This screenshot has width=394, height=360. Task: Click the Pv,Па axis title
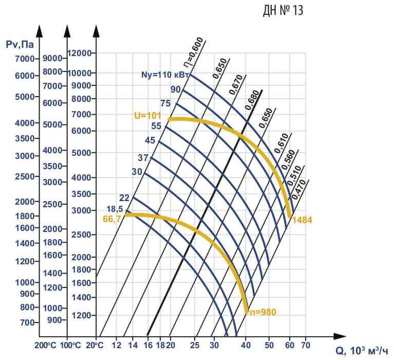[20, 45]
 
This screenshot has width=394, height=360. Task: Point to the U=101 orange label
[148, 116]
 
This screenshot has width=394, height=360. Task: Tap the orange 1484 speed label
[302, 220]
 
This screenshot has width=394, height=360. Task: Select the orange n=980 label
[263, 312]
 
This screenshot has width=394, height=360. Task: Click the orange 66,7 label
[113, 219]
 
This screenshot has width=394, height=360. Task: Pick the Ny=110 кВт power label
[165, 75]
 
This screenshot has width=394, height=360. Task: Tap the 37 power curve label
[143, 157]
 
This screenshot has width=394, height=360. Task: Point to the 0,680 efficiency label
[252, 101]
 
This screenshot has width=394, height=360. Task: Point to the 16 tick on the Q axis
[148, 345]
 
